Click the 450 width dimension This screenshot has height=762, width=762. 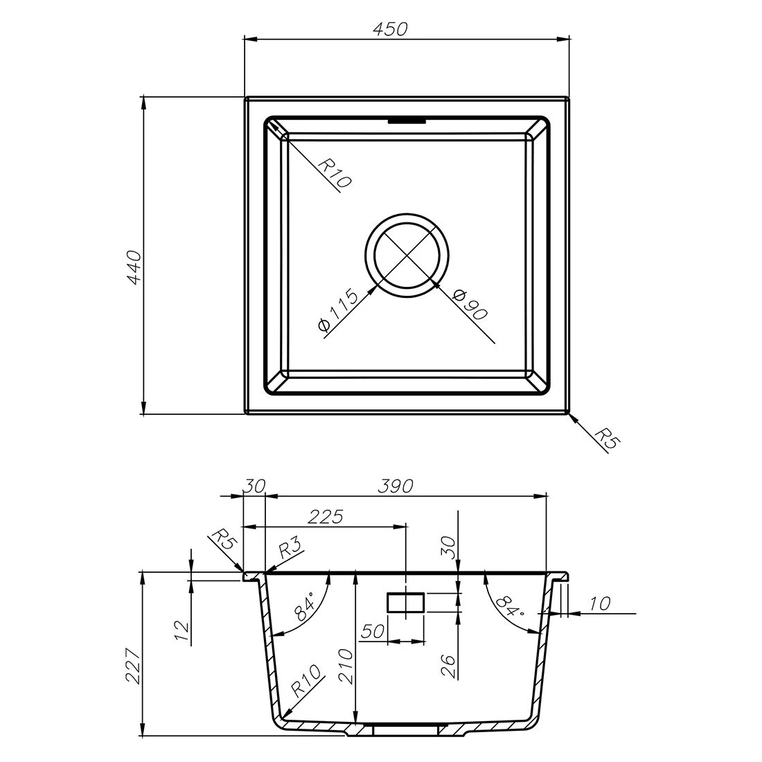[x=390, y=29]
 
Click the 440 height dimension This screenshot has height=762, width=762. [x=134, y=267]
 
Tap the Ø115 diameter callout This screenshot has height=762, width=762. [x=338, y=310]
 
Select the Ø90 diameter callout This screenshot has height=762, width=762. [x=469, y=305]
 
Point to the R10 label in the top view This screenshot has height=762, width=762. [x=334, y=173]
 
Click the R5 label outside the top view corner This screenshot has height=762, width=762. [x=608, y=438]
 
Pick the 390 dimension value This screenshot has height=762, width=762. [x=396, y=486]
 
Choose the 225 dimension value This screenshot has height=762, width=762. [x=325, y=517]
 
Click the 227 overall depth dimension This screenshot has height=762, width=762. [x=134, y=665]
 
